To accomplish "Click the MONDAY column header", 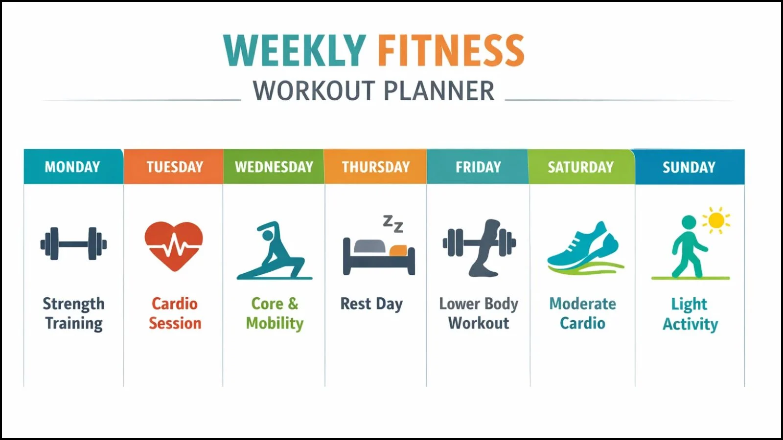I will pos(72,167).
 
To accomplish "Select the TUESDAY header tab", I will pos(174,167).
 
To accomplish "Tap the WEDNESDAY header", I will pos(274,167).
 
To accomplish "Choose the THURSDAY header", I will pos(375,167).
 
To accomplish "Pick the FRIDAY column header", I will pos(478,167).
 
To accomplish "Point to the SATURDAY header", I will pos(580,167).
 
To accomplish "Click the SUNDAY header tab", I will pos(689,167).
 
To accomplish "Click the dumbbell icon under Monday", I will pos(73,243).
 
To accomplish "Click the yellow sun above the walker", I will pos(716,220).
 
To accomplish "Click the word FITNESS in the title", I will pos(450,50).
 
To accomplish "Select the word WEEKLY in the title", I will pos(295,50).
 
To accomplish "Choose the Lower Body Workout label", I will pos(478,313).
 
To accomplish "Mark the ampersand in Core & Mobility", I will pos(293,303).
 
